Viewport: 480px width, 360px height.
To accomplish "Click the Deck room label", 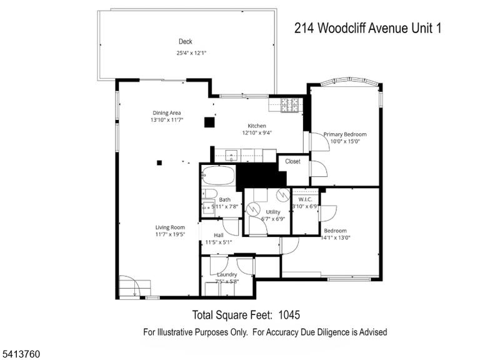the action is tap(186, 42).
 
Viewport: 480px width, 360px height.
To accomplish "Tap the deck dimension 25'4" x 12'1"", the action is tap(191, 53).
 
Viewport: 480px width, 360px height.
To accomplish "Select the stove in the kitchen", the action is tap(289, 105).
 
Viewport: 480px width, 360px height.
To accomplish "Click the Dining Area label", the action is tap(166, 113).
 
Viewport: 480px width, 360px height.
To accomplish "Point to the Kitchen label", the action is tap(257, 126).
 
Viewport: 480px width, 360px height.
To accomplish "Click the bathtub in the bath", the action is tap(218, 176).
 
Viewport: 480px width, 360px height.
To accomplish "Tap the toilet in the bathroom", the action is tap(209, 194).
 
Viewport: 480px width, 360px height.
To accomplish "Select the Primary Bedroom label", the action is tap(345, 134).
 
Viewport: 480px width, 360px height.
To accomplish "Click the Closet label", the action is tap(292, 161).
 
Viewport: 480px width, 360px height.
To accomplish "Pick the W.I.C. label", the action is tap(305, 199).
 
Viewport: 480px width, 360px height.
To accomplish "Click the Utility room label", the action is tap(272, 212).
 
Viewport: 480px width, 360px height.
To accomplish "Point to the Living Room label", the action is tap(170, 227).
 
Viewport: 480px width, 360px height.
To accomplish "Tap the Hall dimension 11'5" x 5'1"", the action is tap(219, 242).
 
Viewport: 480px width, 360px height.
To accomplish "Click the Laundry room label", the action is tap(227, 274).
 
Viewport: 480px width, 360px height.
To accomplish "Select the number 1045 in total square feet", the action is tap(289, 315).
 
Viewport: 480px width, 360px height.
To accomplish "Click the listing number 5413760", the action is tap(20, 354).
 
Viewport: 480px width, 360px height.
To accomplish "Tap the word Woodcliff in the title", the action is tap(341, 28).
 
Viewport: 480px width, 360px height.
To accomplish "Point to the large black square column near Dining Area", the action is tap(210, 122).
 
